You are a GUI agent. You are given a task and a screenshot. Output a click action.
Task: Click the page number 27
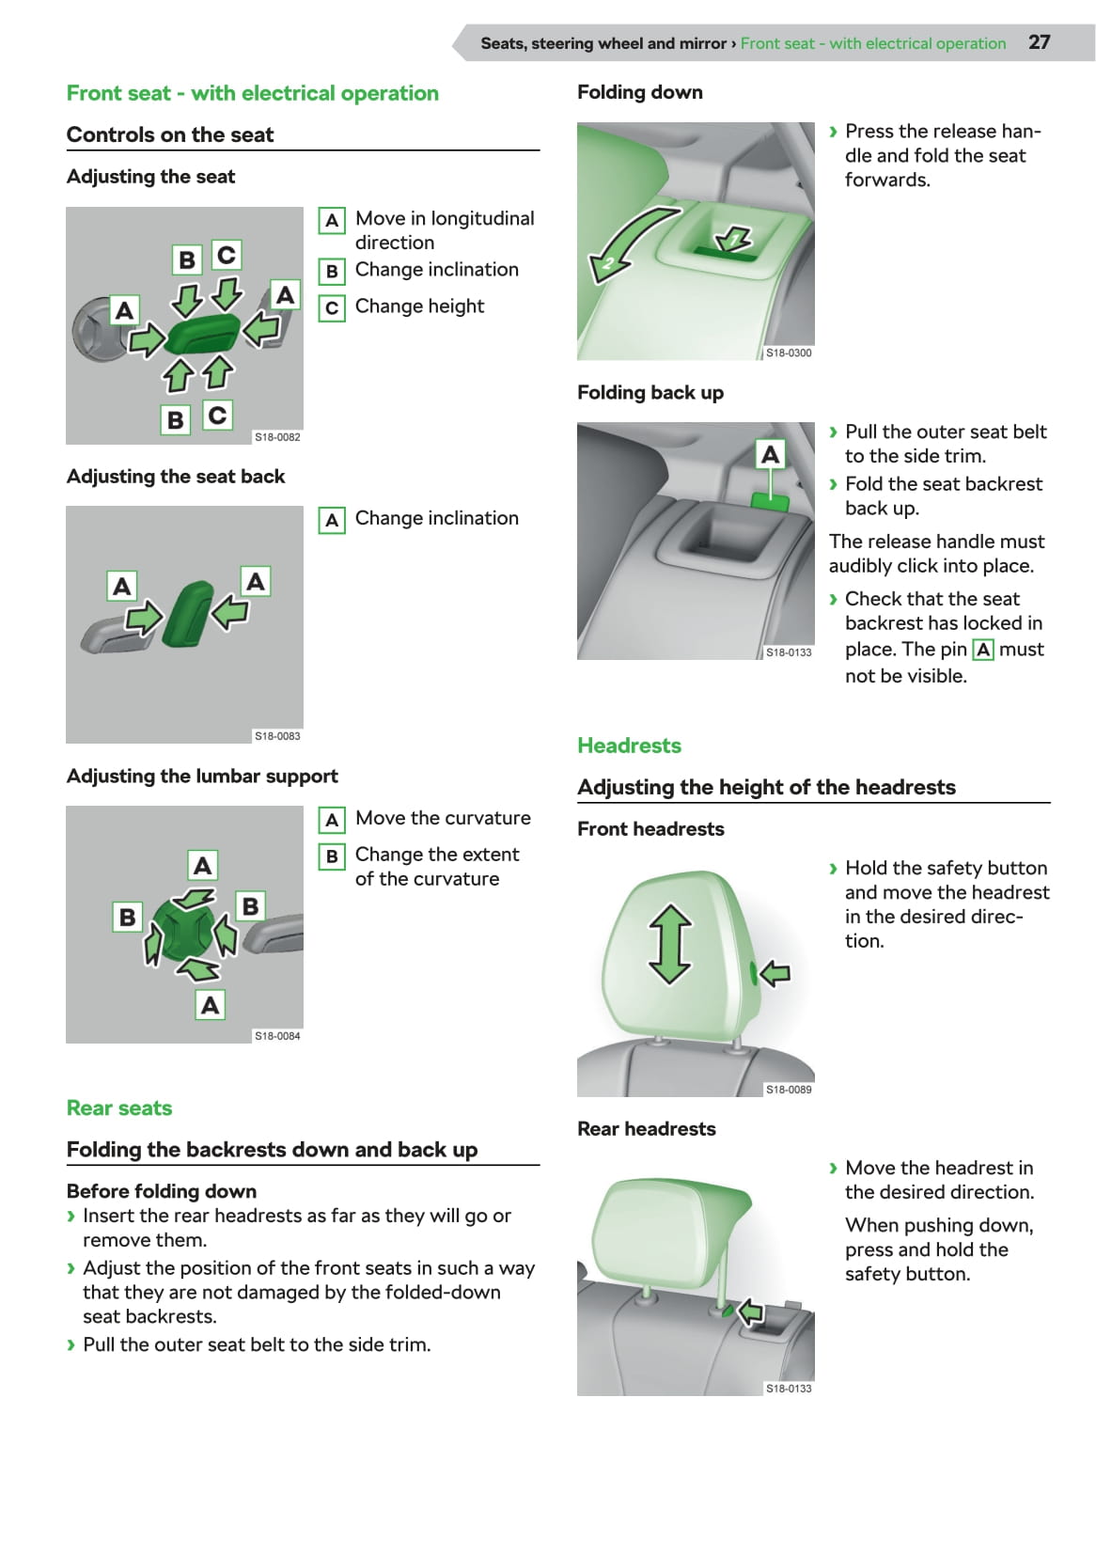pos(1039,42)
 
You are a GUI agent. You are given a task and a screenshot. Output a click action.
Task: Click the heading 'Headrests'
pos(629,746)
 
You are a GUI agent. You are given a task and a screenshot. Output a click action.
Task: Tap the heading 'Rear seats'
pos(119,1107)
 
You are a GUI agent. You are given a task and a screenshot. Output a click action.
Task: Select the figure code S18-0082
pos(277,437)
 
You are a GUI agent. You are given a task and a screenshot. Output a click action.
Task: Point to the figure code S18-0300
pos(789,353)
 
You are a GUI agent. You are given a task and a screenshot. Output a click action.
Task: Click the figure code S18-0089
pos(789,1090)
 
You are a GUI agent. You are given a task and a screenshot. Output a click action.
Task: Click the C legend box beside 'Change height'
pos(332,307)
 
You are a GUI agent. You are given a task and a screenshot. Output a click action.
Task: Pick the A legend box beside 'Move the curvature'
pos(332,820)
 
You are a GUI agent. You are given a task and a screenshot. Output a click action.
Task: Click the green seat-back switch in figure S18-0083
pos(188,613)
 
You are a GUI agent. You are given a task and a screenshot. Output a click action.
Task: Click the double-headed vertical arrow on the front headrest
pos(670,943)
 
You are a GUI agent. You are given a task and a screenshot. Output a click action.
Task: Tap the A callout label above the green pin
pos(771,455)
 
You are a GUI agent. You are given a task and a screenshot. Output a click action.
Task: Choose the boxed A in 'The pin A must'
pos(983,650)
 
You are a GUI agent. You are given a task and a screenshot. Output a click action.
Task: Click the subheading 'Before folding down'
pos(162,1191)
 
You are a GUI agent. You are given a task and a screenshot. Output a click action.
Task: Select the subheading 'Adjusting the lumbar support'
pos(202,777)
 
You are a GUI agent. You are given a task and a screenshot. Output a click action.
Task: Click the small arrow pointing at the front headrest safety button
pos(775,973)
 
